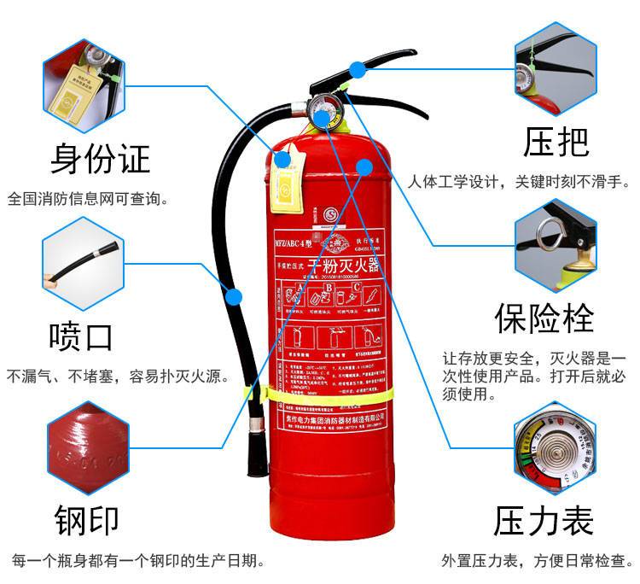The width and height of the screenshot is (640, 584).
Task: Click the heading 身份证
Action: click(100, 159)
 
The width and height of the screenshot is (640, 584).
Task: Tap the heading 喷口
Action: click(81, 336)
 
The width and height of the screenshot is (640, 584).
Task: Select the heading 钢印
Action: click(86, 517)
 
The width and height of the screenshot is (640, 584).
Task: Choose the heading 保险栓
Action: click(556, 318)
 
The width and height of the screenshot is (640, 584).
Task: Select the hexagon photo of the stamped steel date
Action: click(86, 447)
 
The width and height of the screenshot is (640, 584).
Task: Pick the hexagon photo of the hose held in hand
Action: click(84, 266)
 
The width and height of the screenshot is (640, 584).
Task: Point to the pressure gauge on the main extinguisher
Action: click(324, 115)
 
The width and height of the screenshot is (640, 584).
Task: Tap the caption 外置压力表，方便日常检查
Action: click(537, 561)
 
